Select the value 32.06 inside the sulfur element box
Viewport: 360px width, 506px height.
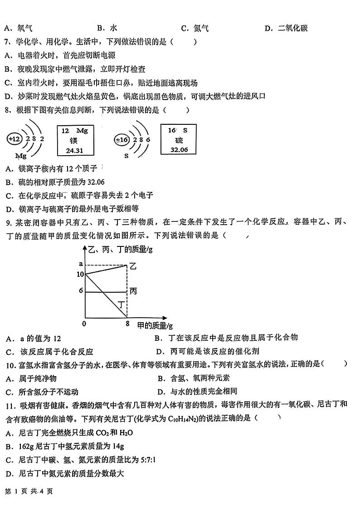pos(179,150)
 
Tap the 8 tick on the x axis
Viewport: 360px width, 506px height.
pos(127,324)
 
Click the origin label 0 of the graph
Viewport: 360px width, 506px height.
pos(84,324)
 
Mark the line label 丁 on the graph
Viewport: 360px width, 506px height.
pos(122,305)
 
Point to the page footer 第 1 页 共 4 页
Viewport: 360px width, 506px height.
pos(29,491)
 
